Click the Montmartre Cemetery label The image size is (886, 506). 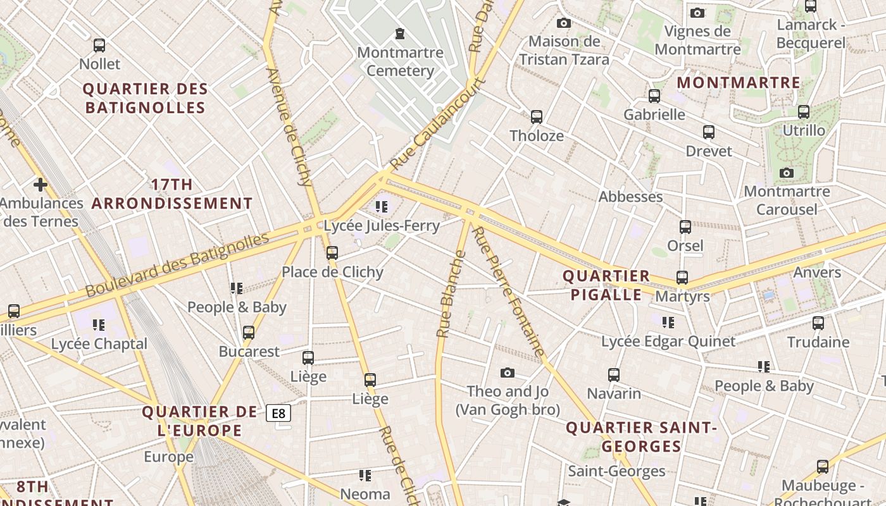(x=400, y=61)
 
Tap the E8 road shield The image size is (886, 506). (x=278, y=414)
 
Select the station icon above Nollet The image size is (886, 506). (x=99, y=46)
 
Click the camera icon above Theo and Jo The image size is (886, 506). (x=508, y=373)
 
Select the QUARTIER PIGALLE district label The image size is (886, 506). (x=606, y=285)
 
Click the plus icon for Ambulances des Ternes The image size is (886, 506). (x=41, y=185)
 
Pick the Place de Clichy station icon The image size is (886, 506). (x=332, y=253)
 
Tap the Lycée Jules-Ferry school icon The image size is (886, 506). (x=381, y=206)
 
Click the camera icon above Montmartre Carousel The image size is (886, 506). (x=787, y=173)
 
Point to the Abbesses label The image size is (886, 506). (x=630, y=197)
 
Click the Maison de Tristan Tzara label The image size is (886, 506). (x=564, y=51)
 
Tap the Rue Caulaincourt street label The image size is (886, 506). (x=438, y=124)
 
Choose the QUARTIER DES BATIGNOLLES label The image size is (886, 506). (x=146, y=98)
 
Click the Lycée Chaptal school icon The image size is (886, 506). (x=99, y=325)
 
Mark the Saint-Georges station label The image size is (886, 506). (x=616, y=471)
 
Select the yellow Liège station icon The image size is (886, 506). (x=370, y=380)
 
